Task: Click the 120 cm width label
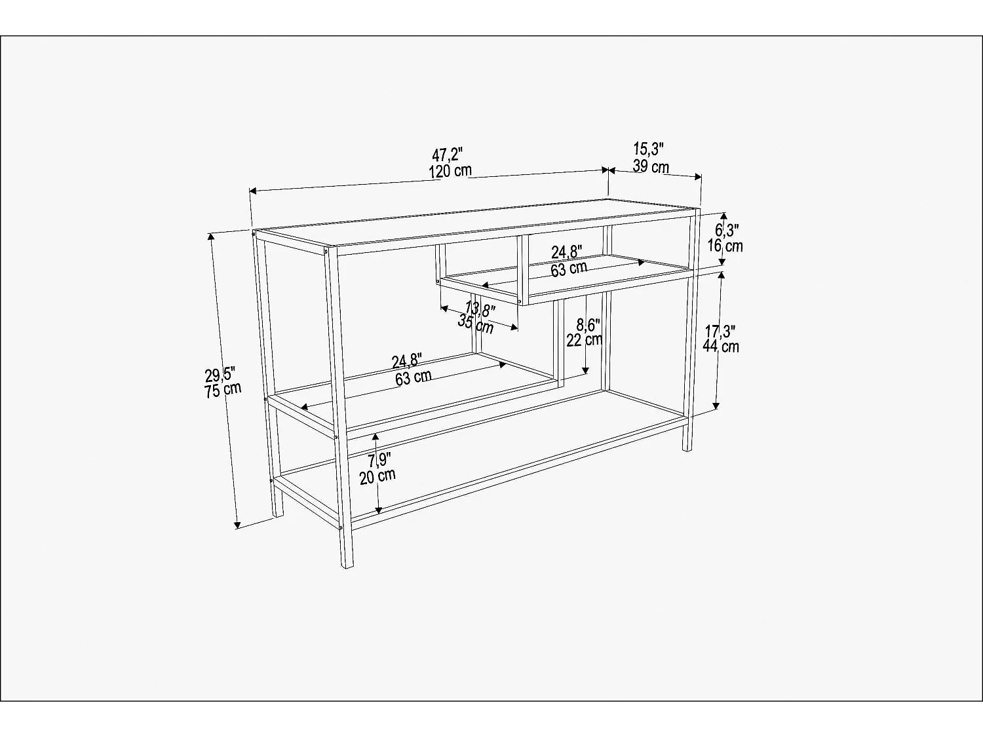(450, 172)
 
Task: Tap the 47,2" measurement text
(447, 156)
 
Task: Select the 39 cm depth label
(651, 166)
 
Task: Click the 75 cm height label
(223, 390)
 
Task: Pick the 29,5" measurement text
(220, 375)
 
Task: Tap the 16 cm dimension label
(725, 246)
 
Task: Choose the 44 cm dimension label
(721, 347)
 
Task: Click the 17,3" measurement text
(721, 331)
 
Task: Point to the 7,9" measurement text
(380, 461)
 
